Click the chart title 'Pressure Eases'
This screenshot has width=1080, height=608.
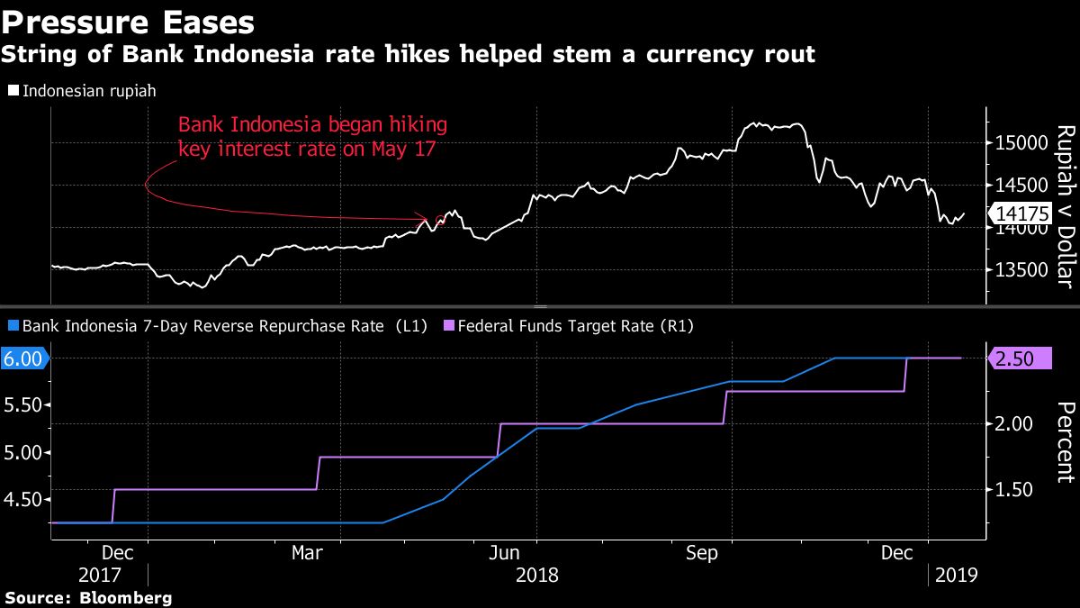[128, 21]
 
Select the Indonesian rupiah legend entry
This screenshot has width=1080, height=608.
[83, 91]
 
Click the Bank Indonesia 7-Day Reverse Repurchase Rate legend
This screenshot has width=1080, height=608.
[217, 325]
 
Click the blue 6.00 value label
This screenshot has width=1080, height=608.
[24, 358]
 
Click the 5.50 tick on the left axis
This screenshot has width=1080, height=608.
[24, 405]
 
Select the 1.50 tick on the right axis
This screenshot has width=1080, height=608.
[1016, 490]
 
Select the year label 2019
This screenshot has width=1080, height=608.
[958, 574]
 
